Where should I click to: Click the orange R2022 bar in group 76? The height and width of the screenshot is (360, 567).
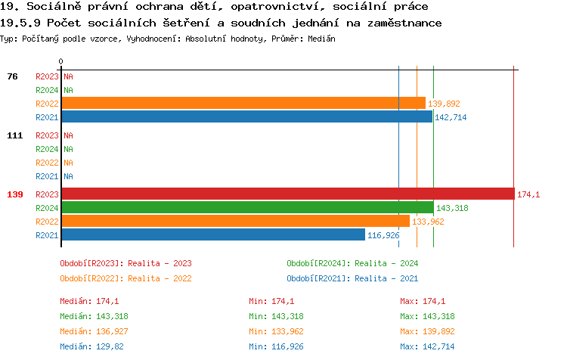pos(243,103)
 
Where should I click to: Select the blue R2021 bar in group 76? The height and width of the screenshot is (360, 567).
pos(246,116)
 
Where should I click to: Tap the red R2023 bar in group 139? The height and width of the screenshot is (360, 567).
pos(287,194)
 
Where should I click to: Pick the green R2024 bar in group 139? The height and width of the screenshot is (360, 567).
pos(247,207)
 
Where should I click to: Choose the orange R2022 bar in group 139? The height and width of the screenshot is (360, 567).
pos(235,221)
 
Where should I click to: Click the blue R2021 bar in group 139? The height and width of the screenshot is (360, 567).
pos(212,234)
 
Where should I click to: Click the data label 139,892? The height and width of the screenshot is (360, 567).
pos(444,104)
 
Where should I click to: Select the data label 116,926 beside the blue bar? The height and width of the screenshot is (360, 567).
pos(383,235)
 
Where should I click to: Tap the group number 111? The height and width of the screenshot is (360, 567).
pos(15,135)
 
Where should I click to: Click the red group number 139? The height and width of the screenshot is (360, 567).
pos(15,194)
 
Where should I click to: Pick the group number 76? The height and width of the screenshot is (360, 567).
pos(12,76)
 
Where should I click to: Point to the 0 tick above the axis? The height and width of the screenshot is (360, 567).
pos(61,61)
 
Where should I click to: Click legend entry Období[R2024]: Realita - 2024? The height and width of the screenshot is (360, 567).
pos(352,263)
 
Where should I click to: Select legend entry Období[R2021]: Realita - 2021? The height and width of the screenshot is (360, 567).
pos(352,278)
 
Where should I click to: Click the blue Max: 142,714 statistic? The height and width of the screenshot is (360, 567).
pos(427,346)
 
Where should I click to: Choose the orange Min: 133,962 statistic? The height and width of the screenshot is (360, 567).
pos(276,331)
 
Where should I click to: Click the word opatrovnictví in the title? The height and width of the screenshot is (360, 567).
pos(232,7)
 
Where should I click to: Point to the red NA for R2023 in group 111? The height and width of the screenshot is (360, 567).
pos(68,135)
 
